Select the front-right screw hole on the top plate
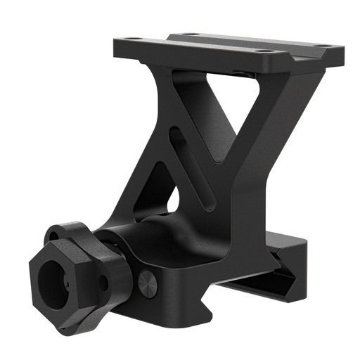pyautogui.click(x=262, y=51)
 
